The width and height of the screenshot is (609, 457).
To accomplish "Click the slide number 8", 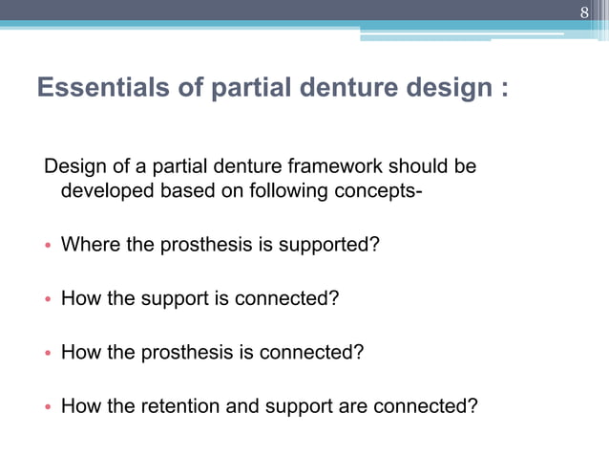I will tap(586, 12).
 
